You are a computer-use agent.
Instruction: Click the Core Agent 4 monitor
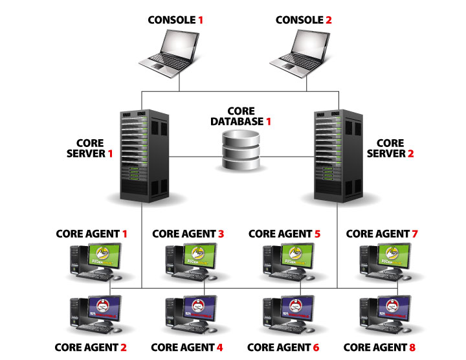[x=197, y=309]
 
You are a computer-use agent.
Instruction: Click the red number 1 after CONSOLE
[x=201, y=20]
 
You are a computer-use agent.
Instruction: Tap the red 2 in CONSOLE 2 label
[x=329, y=20]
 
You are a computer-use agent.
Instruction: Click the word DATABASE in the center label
[x=237, y=121]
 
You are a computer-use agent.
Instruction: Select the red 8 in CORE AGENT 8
[x=412, y=347]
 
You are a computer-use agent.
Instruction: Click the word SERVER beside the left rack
[x=85, y=153]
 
